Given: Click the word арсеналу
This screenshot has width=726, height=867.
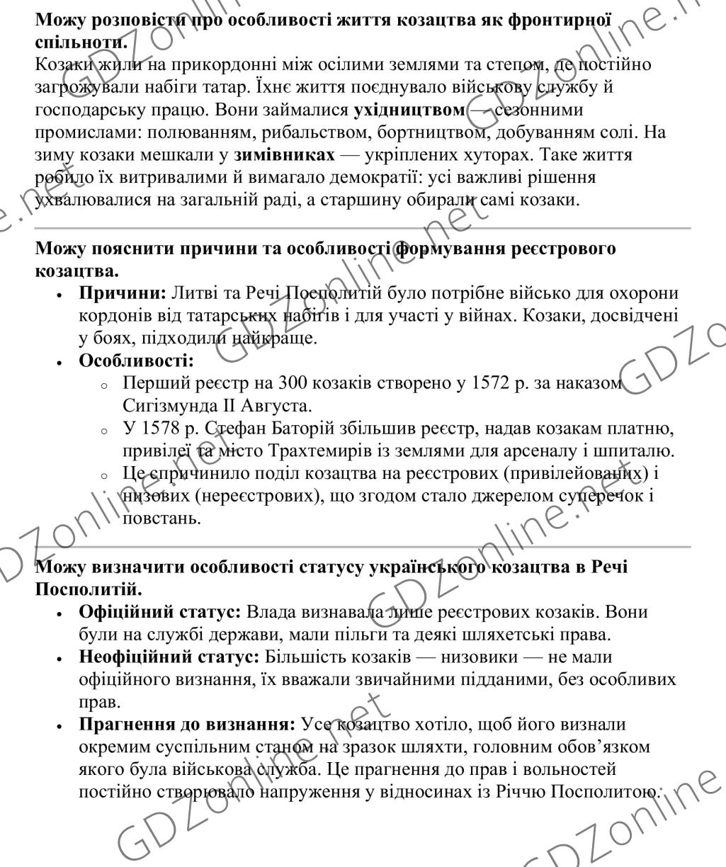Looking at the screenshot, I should pos(551,449).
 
